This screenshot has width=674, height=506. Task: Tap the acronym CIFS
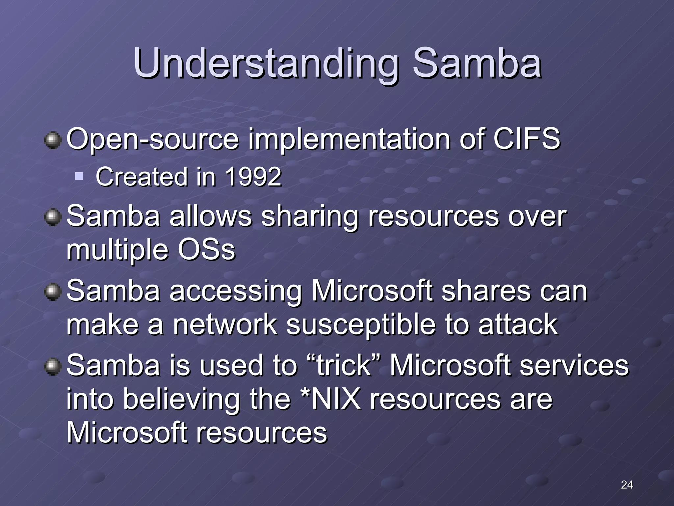tap(526, 139)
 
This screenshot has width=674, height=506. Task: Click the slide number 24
tap(627, 485)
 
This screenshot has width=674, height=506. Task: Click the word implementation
tap(349, 139)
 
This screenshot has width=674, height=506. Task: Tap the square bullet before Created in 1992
tap(79, 176)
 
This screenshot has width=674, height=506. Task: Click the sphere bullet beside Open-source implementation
tap(53, 140)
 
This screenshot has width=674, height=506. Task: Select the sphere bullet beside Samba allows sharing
tap(53, 217)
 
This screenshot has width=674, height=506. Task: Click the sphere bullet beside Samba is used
tap(53, 367)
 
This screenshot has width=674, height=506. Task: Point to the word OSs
tap(206, 250)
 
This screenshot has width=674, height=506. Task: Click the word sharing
tap(309, 217)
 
